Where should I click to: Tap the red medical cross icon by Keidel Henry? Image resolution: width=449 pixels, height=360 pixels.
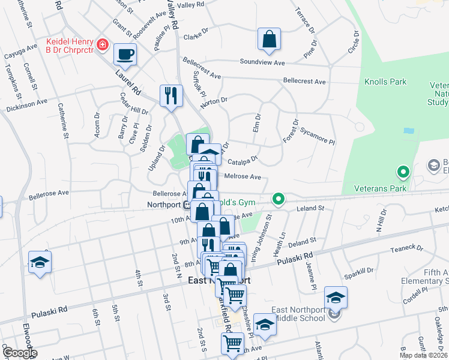coord(103,45)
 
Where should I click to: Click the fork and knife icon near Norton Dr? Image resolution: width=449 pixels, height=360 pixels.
coord(171,95)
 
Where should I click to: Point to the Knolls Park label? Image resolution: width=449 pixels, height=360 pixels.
coord(385,82)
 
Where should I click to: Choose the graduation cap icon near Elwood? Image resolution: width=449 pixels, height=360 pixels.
coord(40,262)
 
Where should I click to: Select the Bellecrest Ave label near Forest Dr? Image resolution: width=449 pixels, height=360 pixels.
coord(304,81)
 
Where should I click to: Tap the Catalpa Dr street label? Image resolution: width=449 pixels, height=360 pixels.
coord(243,160)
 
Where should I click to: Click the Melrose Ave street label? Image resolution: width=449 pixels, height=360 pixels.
coord(243,177)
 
